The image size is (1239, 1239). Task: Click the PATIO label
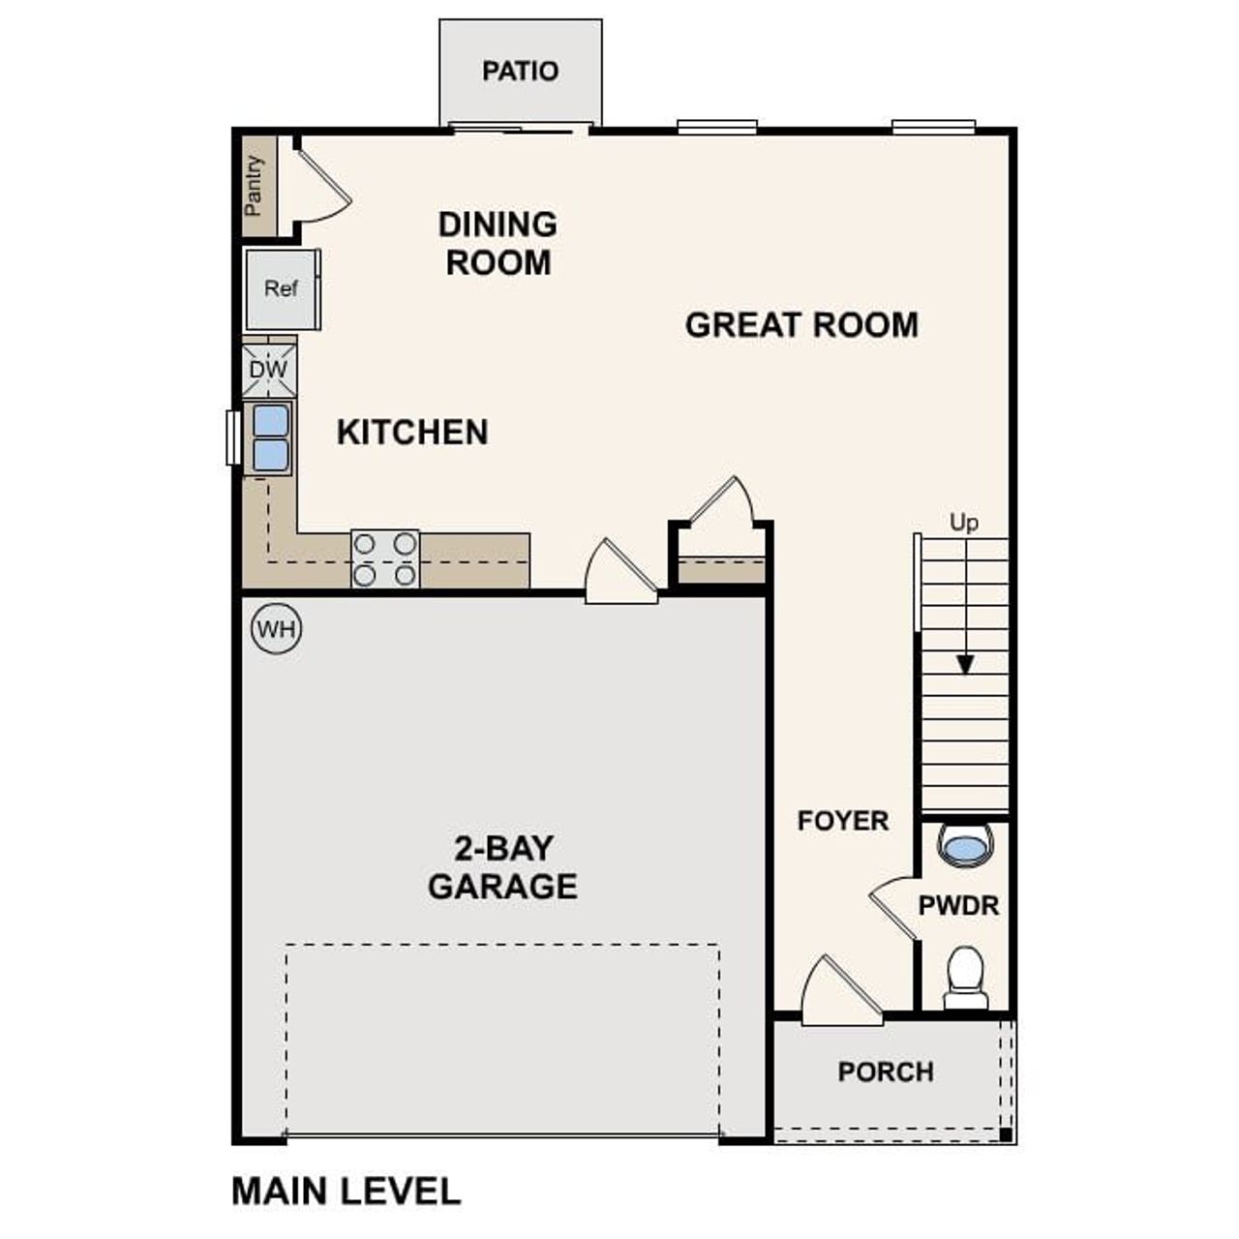[x=520, y=72]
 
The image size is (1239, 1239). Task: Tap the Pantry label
[x=255, y=185]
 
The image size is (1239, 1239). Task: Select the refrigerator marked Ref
[x=281, y=288]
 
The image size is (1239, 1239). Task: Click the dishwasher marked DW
[x=268, y=370]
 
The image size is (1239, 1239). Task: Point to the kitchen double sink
[x=270, y=438]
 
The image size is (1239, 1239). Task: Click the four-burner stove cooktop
[x=384, y=559]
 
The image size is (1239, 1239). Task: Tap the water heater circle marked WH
[x=277, y=630]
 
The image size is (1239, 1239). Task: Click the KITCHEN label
[x=412, y=432]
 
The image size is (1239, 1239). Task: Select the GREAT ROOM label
[x=801, y=325]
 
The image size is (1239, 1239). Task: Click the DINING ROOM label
[x=498, y=243]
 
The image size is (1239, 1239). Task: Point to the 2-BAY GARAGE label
[x=502, y=867]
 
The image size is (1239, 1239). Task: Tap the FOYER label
[x=842, y=821]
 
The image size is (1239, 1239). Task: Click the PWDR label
[x=958, y=906]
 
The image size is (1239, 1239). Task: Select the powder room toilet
[x=964, y=976]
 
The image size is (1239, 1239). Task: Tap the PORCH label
[x=886, y=1073]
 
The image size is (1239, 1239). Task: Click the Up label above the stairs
[x=963, y=523]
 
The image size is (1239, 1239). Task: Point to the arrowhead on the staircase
[x=964, y=665]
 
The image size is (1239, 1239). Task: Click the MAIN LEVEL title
[x=346, y=1191]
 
